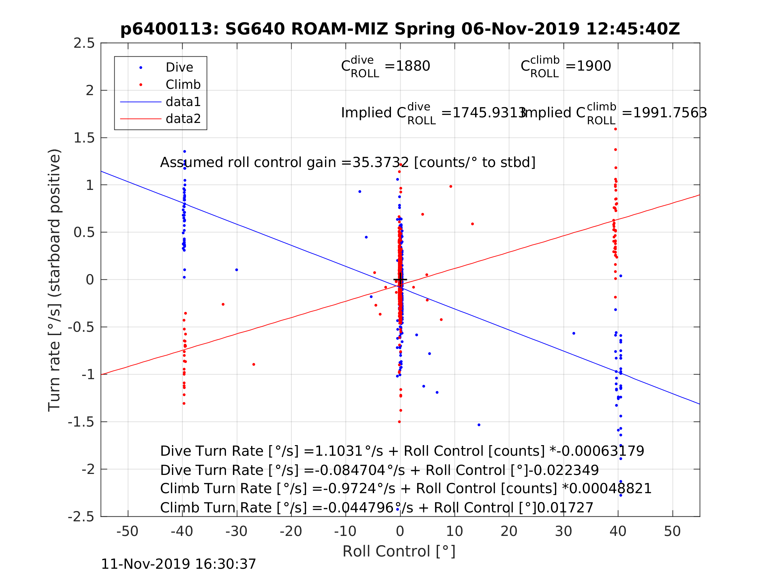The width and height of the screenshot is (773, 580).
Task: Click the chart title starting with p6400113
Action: (400, 29)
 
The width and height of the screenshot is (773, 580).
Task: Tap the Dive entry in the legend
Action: (179, 68)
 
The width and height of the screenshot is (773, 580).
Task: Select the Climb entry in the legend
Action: (183, 85)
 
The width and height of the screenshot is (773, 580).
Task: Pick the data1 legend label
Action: (183, 102)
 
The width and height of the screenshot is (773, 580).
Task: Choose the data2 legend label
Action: (183, 119)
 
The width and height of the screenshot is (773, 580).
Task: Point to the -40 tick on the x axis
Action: (182, 531)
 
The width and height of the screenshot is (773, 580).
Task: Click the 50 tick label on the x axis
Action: (672, 531)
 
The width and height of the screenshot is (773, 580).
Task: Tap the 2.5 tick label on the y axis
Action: (84, 43)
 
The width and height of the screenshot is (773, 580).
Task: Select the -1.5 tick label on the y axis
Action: (81, 422)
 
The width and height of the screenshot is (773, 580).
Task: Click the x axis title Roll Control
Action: (399, 551)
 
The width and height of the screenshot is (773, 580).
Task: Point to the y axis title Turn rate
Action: (55, 280)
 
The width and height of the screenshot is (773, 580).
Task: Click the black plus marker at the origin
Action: (400, 280)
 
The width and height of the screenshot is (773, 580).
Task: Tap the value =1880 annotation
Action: (407, 66)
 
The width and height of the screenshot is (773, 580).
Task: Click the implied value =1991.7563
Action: (664, 113)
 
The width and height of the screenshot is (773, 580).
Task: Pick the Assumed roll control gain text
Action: (347, 163)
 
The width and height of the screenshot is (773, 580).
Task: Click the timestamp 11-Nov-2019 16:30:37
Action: (179, 564)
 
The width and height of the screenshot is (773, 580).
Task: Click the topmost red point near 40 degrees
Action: (615, 129)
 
